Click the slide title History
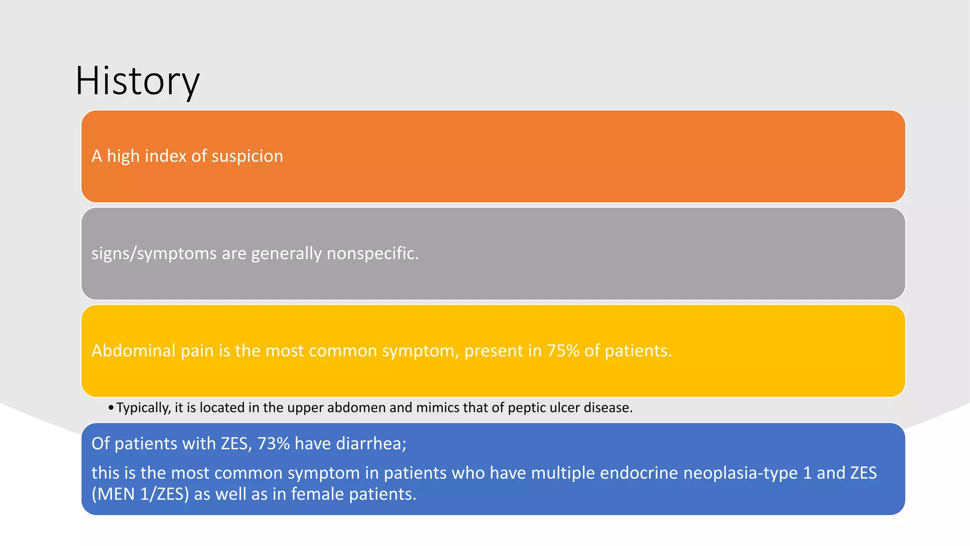tap(137, 82)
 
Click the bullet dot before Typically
tap(111, 408)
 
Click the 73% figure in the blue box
tap(273, 444)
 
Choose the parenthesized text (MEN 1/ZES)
tap(140, 494)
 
